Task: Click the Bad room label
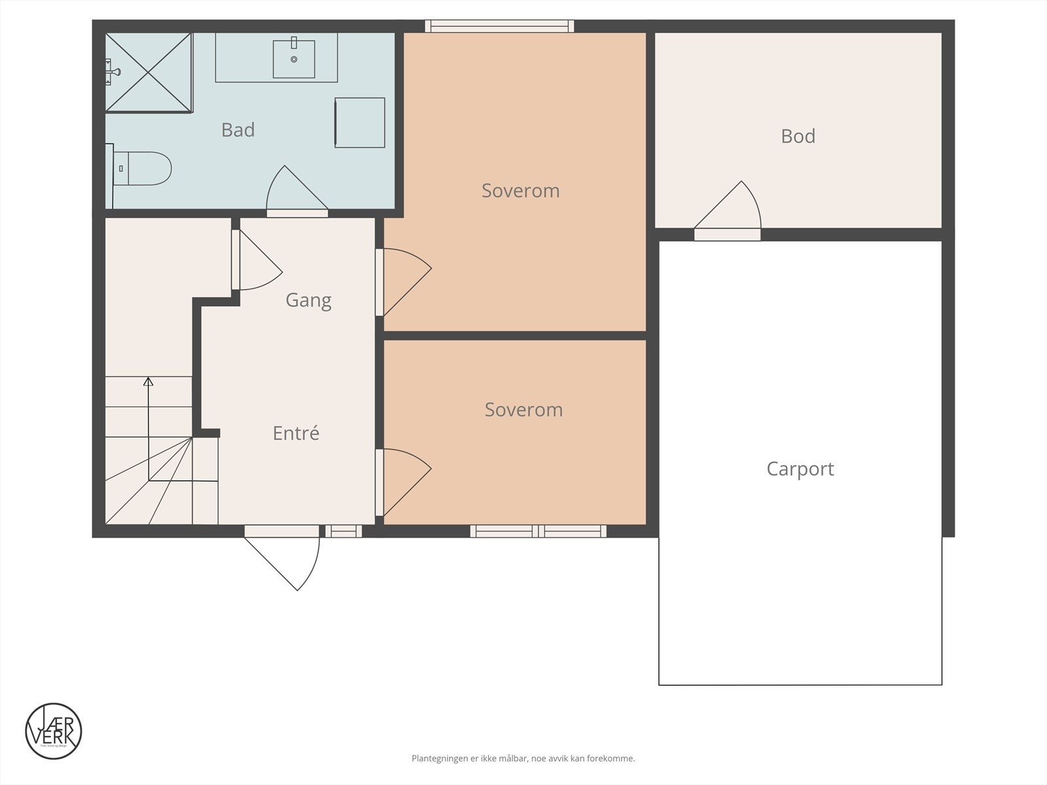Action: (238, 130)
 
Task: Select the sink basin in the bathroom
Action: (294, 59)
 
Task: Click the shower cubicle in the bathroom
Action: (149, 73)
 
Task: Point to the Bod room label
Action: (798, 136)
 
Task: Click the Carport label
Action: (800, 469)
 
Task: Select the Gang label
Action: (308, 300)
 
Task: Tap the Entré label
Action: (296, 433)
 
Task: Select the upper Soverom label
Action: (520, 191)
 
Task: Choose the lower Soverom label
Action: (523, 410)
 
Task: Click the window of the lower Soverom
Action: (538, 531)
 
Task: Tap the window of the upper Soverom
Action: (499, 26)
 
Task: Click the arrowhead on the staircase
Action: (149, 381)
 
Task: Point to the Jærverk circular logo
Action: (54, 731)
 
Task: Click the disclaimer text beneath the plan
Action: (523, 759)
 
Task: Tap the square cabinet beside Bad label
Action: (360, 122)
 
